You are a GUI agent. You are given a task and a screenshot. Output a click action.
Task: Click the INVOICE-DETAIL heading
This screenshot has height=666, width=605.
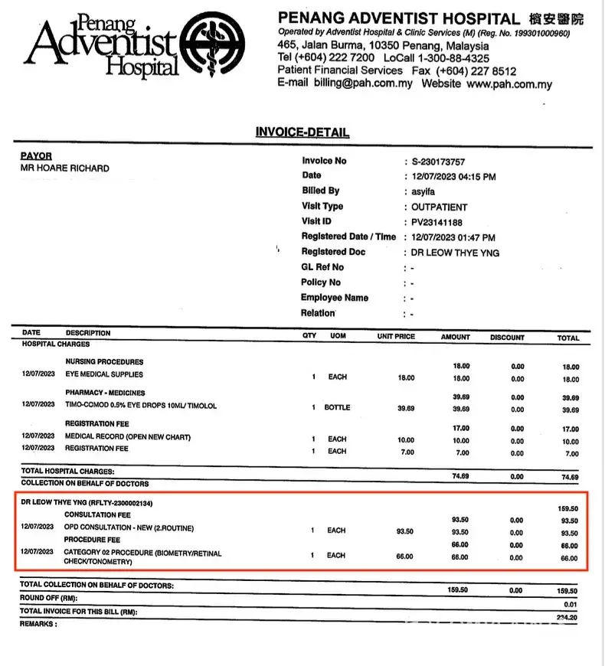(x=302, y=132)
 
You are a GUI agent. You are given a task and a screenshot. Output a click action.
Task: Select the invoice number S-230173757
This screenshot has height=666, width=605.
(x=438, y=162)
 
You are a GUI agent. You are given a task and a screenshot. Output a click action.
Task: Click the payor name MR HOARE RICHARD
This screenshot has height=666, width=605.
(x=64, y=168)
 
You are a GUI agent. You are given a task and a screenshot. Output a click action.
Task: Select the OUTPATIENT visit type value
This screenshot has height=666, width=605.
(x=439, y=207)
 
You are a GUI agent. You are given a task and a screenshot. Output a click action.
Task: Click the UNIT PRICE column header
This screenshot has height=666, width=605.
(x=396, y=337)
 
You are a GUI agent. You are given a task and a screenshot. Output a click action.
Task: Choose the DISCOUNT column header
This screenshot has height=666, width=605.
(x=508, y=337)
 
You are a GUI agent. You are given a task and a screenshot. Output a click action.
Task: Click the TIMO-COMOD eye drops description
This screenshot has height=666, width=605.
(x=141, y=406)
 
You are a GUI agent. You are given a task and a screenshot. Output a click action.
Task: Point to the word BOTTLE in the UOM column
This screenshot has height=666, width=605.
(x=337, y=407)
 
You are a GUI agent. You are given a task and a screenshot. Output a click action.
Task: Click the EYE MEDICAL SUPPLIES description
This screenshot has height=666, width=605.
(x=104, y=375)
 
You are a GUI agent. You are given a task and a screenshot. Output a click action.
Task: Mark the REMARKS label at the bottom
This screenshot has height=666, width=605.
(x=38, y=624)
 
